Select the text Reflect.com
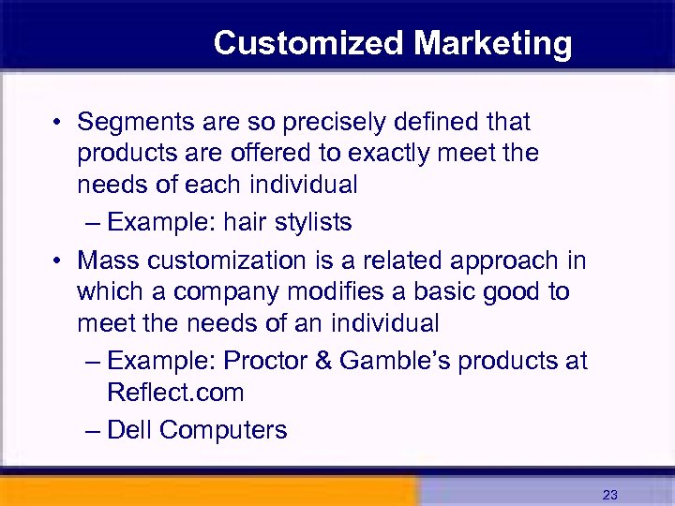[x=175, y=393]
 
